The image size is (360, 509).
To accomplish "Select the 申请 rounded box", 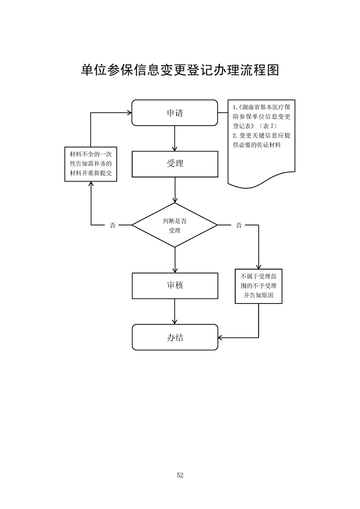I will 175,113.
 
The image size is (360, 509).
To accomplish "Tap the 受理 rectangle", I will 175,164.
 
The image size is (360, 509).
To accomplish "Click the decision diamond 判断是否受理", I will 175,225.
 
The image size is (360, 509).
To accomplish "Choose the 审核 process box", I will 175,285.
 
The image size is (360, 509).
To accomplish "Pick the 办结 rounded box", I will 175,337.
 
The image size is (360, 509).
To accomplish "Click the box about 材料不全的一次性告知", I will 91,164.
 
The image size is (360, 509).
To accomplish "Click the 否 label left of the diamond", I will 112,225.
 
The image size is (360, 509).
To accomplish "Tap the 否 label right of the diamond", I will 239,225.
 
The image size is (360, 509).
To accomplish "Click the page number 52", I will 180,475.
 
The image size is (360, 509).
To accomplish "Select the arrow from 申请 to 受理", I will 175,138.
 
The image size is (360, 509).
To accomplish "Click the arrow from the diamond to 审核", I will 175,259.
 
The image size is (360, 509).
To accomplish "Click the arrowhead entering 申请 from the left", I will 128,113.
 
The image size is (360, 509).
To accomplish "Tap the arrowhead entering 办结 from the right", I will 221,337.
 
